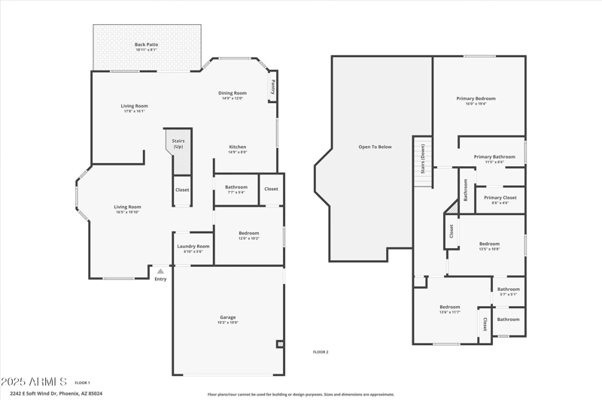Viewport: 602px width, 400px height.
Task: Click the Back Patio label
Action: click(x=147, y=44)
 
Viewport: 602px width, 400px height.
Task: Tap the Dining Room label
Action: click(x=233, y=92)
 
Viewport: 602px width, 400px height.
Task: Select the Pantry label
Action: click(x=272, y=86)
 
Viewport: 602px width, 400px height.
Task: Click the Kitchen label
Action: click(x=238, y=147)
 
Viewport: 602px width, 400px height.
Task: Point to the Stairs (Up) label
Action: click(x=178, y=143)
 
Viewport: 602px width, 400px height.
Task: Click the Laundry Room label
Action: click(x=193, y=246)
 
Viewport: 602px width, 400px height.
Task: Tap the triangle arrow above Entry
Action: click(x=160, y=271)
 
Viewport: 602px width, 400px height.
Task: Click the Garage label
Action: click(x=227, y=317)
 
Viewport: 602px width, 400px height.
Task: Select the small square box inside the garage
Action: click(x=280, y=344)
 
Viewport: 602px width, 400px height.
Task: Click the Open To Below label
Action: click(x=375, y=147)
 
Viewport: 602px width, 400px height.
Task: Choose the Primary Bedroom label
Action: click(x=476, y=98)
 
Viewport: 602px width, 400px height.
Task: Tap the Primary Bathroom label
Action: click(x=494, y=156)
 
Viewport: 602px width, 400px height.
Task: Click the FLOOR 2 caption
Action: click(x=321, y=352)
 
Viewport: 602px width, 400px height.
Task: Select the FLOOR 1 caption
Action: click(x=82, y=383)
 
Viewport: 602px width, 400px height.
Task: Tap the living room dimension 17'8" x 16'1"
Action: click(x=135, y=111)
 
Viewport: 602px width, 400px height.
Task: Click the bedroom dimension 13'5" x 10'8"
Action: click(x=490, y=249)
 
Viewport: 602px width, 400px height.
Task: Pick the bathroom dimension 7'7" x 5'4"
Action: click(x=236, y=192)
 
